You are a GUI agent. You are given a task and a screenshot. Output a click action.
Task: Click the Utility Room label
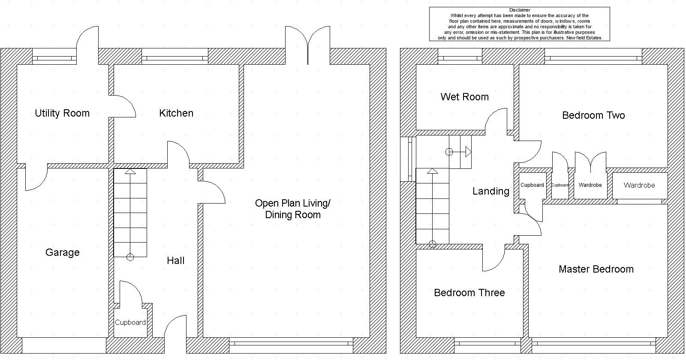point(62,113)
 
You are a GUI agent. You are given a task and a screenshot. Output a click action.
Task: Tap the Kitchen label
point(176,113)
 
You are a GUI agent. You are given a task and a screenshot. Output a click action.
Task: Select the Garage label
point(63,252)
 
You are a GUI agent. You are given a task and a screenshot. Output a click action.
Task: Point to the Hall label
point(175,261)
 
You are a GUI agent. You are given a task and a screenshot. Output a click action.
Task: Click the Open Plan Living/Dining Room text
point(293,209)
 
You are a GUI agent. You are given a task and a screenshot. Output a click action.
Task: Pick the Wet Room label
point(465,97)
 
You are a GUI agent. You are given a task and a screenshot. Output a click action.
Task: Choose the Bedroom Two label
point(593,115)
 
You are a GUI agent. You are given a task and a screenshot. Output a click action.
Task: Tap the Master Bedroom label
point(596,269)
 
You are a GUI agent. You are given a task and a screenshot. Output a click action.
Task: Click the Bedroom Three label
point(469,293)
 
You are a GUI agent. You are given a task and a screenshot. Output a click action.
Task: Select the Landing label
point(491,191)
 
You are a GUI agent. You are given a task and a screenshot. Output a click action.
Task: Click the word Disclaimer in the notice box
point(520,10)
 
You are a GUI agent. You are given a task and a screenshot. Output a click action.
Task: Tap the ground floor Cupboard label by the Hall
point(130,323)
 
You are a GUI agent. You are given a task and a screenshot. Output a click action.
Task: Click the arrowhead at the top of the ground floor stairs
point(130,171)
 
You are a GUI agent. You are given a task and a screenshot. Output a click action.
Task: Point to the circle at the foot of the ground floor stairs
point(130,257)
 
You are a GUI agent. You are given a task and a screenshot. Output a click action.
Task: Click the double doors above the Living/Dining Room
point(308,45)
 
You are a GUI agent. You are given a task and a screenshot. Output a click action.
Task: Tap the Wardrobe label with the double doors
point(590,185)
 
